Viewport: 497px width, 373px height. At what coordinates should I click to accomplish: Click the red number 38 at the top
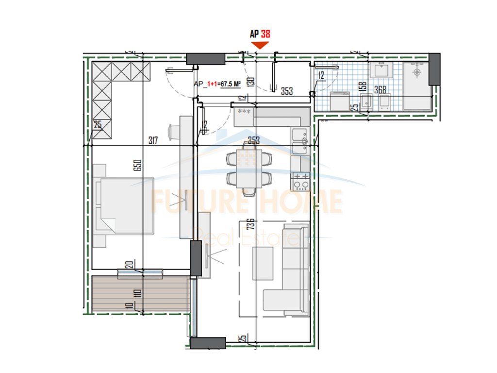[x=265, y=34]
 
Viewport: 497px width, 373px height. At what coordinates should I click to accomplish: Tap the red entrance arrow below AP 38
[x=260, y=45]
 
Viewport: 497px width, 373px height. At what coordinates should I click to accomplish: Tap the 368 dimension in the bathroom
[x=380, y=89]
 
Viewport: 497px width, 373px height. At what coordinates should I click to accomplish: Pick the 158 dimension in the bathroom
[x=362, y=88]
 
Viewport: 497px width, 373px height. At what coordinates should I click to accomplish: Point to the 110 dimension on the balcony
[x=137, y=293]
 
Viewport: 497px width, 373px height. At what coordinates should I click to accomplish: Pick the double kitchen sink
[x=300, y=142]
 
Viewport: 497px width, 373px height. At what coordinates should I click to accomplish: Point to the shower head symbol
[x=416, y=73]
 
